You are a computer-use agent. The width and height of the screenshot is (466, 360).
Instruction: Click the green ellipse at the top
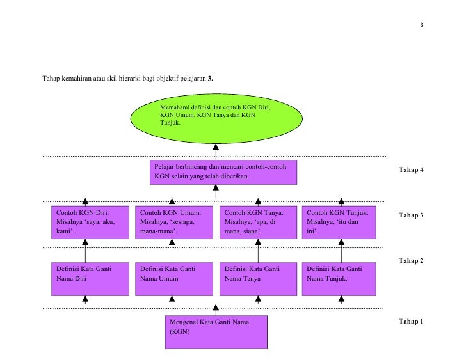[216, 119]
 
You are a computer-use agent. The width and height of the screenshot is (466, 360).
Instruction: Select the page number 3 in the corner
[422, 25]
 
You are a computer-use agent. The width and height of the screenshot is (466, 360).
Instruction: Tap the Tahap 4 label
[411, 169]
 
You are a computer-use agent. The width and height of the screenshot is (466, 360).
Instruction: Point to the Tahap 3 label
[411, 215]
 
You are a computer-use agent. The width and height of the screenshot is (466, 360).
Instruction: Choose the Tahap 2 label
[411, 261]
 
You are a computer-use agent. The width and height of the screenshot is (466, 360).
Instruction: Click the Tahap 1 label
[411, 322]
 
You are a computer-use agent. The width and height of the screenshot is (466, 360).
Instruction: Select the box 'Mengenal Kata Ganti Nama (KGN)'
[216, 332]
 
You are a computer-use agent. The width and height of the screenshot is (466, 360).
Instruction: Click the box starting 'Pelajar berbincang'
[223, 173]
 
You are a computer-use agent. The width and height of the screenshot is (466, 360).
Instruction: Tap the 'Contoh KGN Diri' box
[90, 223]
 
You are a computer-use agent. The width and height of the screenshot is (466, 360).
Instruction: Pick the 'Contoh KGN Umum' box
[174, 223]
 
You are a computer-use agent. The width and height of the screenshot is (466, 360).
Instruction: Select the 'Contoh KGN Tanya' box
[258, 223]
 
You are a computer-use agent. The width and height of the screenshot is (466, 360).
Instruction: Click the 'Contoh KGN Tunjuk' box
[339, 223]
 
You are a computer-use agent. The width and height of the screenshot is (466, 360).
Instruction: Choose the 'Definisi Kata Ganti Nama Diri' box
[90, 279]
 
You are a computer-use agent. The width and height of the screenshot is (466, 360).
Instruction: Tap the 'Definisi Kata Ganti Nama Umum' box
[174, 279]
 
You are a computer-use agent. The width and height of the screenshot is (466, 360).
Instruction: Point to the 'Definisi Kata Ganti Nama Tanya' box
[258, 279]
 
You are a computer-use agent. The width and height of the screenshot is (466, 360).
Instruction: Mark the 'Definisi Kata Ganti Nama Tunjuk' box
[339, 279]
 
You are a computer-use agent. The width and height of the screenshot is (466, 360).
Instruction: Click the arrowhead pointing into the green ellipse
[216, 146]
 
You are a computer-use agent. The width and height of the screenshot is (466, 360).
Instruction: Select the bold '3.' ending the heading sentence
[211, 79]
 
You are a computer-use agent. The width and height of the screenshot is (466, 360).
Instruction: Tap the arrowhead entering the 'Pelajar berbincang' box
[216, 187]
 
